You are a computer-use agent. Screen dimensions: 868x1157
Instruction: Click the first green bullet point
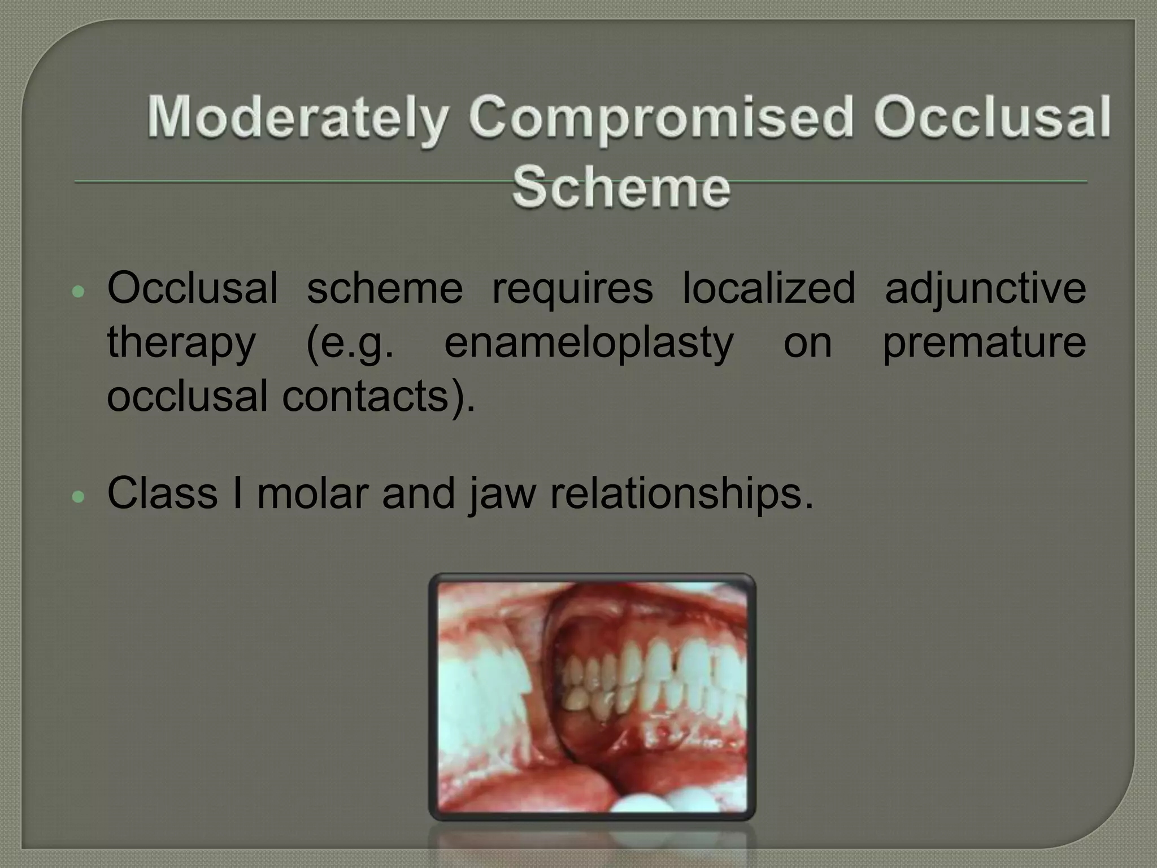79,292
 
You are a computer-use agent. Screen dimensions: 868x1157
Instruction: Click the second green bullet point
79,496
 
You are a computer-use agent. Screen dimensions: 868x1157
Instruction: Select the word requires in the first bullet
572,288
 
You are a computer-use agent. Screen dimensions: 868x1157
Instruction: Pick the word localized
769,288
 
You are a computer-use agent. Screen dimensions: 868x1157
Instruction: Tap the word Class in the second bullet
162,493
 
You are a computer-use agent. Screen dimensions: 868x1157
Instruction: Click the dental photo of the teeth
592,696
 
